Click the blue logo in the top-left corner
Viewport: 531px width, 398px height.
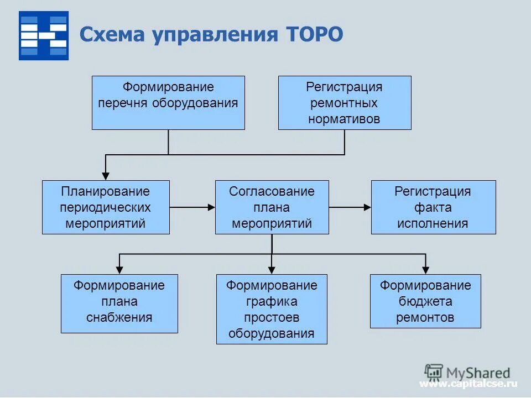pos(44,35)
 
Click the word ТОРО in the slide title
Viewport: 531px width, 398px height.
pos(314,35)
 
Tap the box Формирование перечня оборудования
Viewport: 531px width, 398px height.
pos(168,103)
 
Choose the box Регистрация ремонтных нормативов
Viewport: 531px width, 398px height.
pos(345,103)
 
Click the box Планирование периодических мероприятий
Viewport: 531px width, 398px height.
pos(106,207)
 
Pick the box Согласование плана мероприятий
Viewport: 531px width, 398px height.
pos(272,207)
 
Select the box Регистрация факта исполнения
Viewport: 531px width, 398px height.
pos(433,207)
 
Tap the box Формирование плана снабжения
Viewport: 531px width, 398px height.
pos(119,303)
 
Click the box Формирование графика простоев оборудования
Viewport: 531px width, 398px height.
pos(272,309)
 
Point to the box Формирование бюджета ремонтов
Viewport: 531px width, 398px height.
pos(425,301)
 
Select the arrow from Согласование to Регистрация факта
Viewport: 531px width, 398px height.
pos(350,207)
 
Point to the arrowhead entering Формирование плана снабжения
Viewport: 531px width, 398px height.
pos(119,270)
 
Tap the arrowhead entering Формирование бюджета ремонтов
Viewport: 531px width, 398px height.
pos(425,270)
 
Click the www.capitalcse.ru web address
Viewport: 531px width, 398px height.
pos(468,384)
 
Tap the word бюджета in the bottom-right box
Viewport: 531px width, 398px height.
pos(425,302)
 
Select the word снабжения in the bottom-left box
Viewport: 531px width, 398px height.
pos(119,318)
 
